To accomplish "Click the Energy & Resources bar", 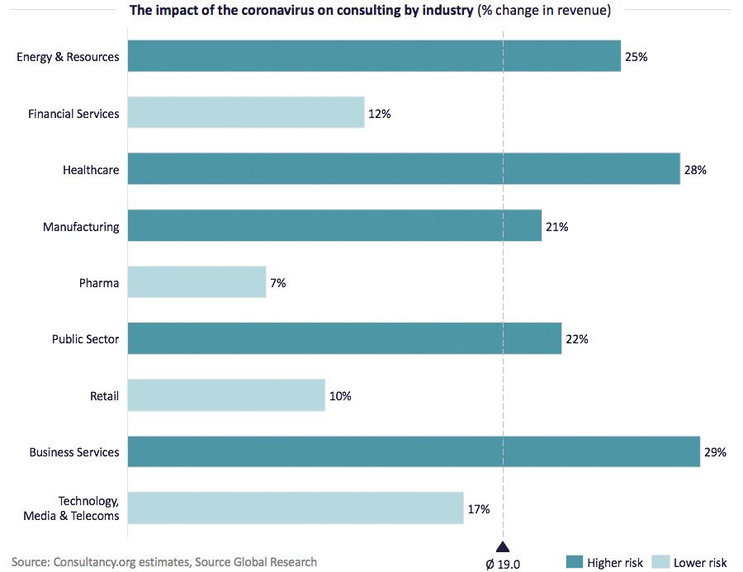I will (x=374, y=56).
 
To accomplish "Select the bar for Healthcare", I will (x=404, y=169).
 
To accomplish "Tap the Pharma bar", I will (x=197, y=282).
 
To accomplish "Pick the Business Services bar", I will (x=414, y=451).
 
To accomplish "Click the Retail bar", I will (x=227, y=395).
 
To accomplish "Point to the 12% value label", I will (x=380, y=114).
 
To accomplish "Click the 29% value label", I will (x=715, y=452).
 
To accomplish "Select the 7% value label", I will (x=278, y=283).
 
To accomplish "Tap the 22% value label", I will (x=576, y=339).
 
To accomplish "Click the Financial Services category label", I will (x=73, y=114).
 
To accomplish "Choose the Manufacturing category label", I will (x=81, y=227).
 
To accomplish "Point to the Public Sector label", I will (x=85, y=339).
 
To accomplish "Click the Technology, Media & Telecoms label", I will (x=88, y=508).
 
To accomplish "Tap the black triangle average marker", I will (x=503, y=546).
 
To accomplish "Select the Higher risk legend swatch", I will (x=575, y=562).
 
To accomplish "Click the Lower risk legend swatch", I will (x=660, y=562).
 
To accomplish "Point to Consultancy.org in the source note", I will (x=89, y=562).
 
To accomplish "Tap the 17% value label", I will (x=479, y=509).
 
